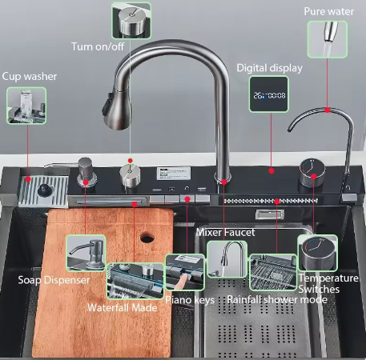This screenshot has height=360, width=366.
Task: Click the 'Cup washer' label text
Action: pyautogui.click(x=30, y=77)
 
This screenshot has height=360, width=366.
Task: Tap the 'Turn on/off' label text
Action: pyautogui.click(x=98, y=46)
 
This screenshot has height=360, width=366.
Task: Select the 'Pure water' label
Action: pyautogui.click(x=329, y=11)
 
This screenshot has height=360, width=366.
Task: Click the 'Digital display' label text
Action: pyautogui.click(x=269, y=68)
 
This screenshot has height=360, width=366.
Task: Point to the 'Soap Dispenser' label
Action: pyautogui.click(x=54, y=280)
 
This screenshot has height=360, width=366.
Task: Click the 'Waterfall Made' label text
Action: pyautogui.click(x=123, y=308)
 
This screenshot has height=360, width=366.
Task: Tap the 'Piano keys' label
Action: pyautogui.click(x=190, y=300)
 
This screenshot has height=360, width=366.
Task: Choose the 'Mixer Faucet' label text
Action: pyautogui.click(x=225, y=233)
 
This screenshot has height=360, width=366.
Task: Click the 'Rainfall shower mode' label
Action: pyautogui.click(x=277, y=300)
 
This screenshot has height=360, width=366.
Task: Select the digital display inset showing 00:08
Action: pyautogui.click(x=269, y=94)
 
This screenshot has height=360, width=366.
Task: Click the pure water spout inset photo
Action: pyautogui.click(x=328, y=39)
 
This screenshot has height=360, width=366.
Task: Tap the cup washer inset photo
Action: pyautogui.click(x=26, y=106)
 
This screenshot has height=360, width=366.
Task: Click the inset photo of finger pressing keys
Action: pyautogui.click(x=185, y=272)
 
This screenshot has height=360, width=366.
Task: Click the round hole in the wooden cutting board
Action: pyautogui.click(x=147, y=237)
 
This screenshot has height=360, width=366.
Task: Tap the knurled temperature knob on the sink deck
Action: pyautogui.click(x=312, y=172)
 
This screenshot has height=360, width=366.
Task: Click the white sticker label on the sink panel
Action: pyautogui.click(x=174, y=173)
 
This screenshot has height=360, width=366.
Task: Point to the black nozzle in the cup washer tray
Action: pyautogui.click(x=43, y=190)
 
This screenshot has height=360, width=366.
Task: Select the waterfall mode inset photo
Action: pyautogui.click(x=135, y=281)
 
